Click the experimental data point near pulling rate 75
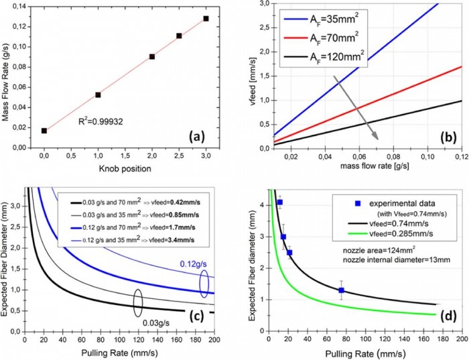coord(342,290)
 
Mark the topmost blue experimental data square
coord(280,202)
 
